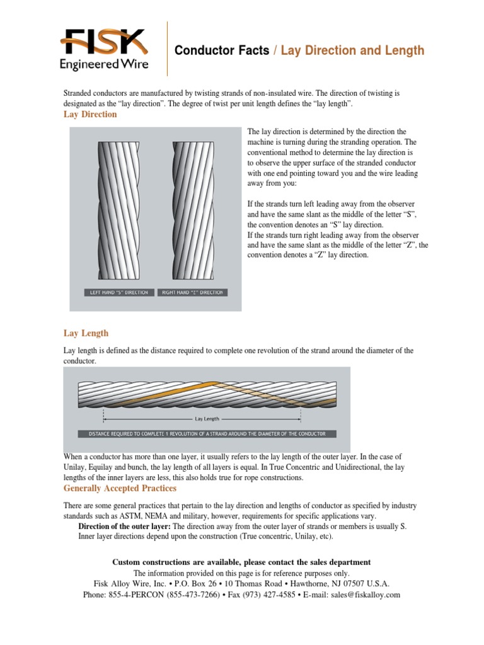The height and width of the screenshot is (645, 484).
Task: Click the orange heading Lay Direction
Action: (x=90, y=115)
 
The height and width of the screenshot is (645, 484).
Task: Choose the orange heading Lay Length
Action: (x=86, y=333)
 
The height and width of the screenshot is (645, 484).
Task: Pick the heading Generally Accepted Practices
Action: (x=120, y=488)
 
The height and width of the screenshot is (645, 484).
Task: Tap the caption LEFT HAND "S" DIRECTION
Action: (x=119, y=292)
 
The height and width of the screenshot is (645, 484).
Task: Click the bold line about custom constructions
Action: (x=241, y=562)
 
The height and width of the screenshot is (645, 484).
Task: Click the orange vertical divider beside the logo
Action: (x=167, y=49)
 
